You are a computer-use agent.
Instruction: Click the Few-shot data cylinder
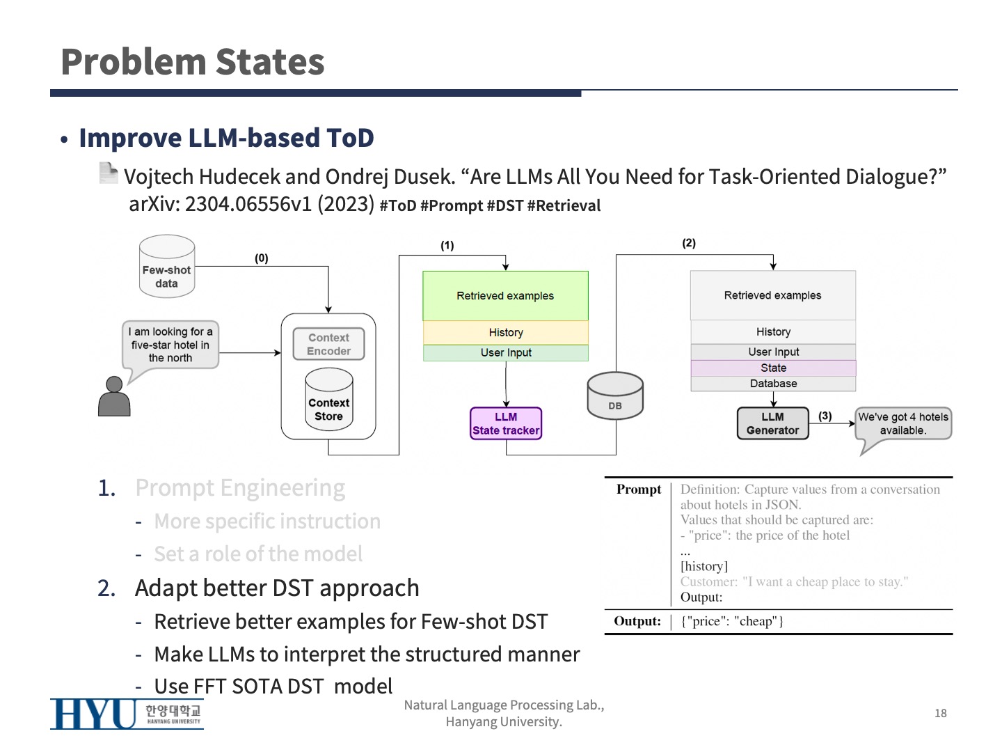click(166, 267)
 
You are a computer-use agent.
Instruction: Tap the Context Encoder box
click(328, 344)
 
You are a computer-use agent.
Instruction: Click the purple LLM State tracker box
click(506, 423)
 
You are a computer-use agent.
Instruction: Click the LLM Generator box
click(772, 423)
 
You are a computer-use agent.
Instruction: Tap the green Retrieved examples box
click(505, 296)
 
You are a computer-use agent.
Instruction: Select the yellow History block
click(505, 333)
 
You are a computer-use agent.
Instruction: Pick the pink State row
click(773, 368)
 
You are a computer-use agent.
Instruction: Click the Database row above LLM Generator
click(773, 384)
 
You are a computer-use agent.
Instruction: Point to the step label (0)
click(261, 258)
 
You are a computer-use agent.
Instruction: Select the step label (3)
click(825, 416)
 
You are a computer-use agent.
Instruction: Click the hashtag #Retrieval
click(564, 206)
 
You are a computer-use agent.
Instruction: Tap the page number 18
click(940, 713)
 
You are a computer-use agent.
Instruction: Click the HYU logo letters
click(94, 714)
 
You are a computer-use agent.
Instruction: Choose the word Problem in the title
click(128, 62)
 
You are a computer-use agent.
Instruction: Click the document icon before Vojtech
click(109, 173)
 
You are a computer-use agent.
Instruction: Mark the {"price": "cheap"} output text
click(732, 621)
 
